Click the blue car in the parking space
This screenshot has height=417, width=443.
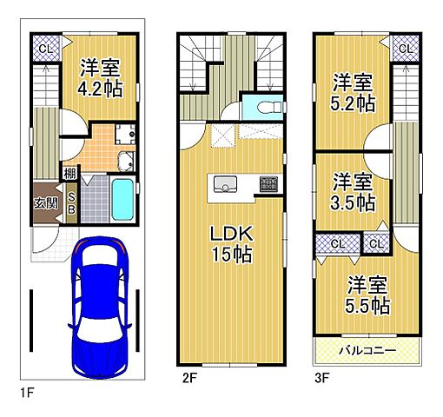(x=99, y=308)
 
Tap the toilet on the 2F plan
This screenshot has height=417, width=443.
(x=269, y=107)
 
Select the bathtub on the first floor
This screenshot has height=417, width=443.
(x=122, y=199)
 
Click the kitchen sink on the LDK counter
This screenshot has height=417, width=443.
(x=225, y=184)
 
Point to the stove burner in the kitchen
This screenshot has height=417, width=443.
(x=268, y=184)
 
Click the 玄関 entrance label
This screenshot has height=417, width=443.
(x=46, y=203)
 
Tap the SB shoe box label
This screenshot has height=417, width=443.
(x=71, y=203)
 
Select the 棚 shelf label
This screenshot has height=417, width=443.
(x=70, y=174)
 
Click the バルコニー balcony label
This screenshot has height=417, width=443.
(x=367, y=350)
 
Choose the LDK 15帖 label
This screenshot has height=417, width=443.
(x=232, y=244)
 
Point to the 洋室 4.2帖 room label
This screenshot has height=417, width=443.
(x=100, y=77)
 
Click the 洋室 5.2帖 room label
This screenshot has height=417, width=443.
(x=353, y=93)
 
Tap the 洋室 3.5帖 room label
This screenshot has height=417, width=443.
(x=353, y=191)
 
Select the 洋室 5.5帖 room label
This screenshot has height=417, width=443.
(x=367, y=295)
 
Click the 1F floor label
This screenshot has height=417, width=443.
(x=27, y=393)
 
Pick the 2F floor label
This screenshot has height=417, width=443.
(x=189, y=378)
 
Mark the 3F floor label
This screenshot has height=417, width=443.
(x=322, y=378)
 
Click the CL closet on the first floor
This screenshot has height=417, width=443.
(x=46, y=49)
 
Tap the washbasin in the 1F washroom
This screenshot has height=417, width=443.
(x=126, y=162)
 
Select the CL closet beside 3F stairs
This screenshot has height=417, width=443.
(x=406, y=49)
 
